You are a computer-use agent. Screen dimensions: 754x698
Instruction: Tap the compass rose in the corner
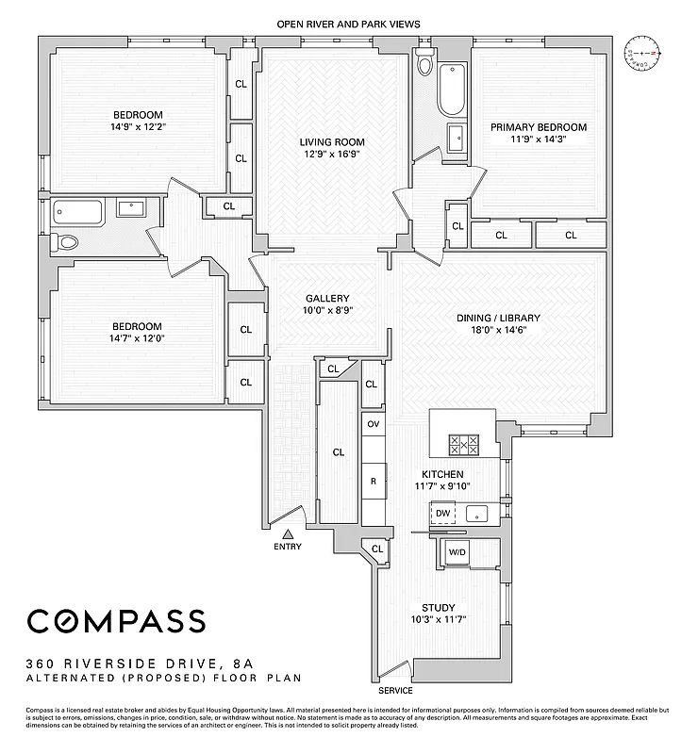click(644, 55)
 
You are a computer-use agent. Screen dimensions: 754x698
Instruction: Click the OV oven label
click(374, 424)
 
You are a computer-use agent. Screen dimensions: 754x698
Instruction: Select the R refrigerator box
click(374, 481)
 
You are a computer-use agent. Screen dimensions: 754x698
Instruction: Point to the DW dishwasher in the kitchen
click(442, 514)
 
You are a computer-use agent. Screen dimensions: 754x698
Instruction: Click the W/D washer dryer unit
click(457, 553)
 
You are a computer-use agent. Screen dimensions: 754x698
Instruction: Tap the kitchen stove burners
click(463, 445)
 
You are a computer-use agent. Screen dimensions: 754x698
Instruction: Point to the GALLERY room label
click(326, 297)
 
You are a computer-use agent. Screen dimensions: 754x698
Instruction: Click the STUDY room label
click(439, 608)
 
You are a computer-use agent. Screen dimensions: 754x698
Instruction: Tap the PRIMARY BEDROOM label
click(539, 127)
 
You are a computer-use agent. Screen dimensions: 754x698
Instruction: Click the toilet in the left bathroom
click(66, 242)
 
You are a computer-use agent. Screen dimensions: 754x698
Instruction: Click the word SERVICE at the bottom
click(394, 691)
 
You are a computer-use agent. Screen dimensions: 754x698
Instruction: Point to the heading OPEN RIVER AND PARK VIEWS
click(348, 24)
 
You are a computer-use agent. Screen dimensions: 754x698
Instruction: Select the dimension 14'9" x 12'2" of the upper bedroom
click(139, 125)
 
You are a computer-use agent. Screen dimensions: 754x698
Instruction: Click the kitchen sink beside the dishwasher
click(476, 514)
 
